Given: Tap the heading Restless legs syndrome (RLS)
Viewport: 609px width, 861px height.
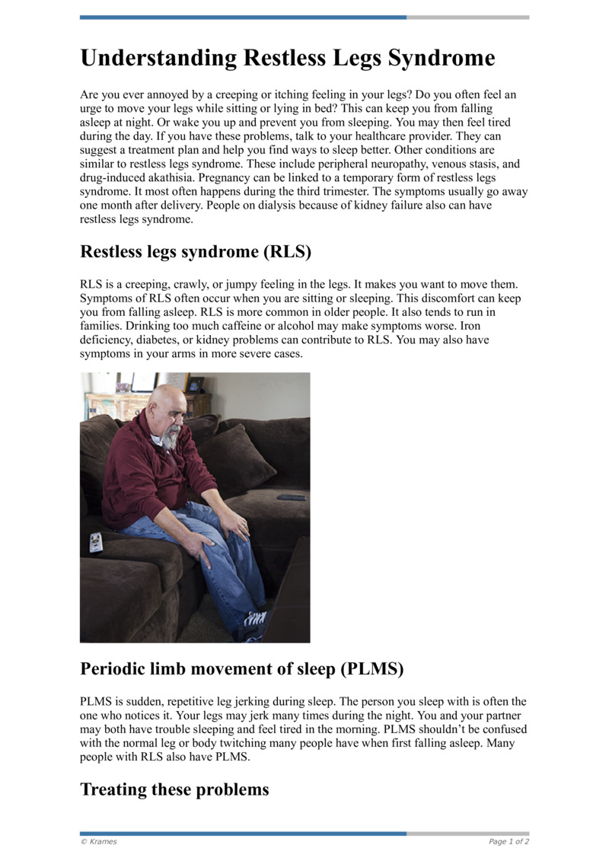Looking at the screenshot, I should [196, 251].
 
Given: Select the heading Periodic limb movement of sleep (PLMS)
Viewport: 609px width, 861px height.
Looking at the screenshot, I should [241, 669].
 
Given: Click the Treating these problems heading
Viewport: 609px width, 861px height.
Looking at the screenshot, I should [174, 789].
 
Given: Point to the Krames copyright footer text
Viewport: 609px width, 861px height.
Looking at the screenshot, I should [98, 841].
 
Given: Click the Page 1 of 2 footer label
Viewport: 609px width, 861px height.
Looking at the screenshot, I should [509, 841].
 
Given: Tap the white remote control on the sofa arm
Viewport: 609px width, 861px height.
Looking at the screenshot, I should [95, 542].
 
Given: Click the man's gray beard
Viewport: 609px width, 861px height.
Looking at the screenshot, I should [171, 437].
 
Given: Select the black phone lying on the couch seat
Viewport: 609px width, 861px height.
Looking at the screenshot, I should [291, 497].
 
